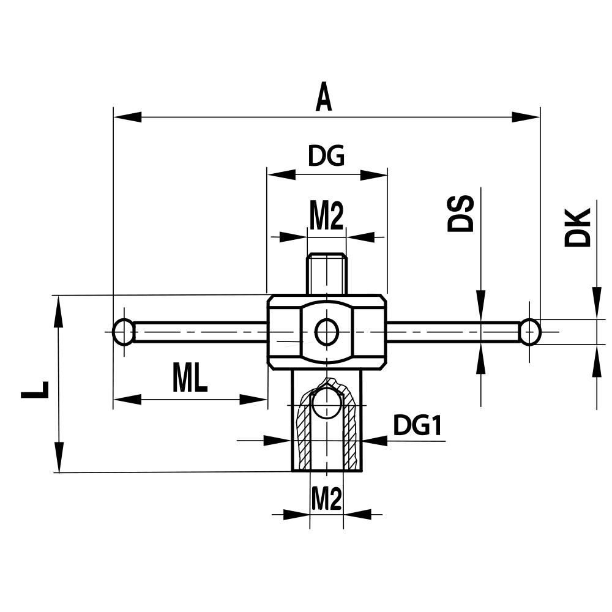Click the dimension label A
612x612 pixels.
point(324,98)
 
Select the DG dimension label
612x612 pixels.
point(326,157)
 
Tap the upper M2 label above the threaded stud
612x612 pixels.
point(326,217)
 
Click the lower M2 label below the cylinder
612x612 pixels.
point(326,500)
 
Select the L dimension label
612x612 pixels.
point(35,389)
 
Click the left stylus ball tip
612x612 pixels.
point(124,332)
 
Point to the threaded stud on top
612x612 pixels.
point(327,273)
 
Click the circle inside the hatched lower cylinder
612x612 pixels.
point(327,403)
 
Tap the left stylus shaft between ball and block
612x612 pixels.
point(202,332)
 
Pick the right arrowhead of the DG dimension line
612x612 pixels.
point(374,175)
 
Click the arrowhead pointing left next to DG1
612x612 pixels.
point(375,439)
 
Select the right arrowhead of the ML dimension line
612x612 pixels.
point(254,400)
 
